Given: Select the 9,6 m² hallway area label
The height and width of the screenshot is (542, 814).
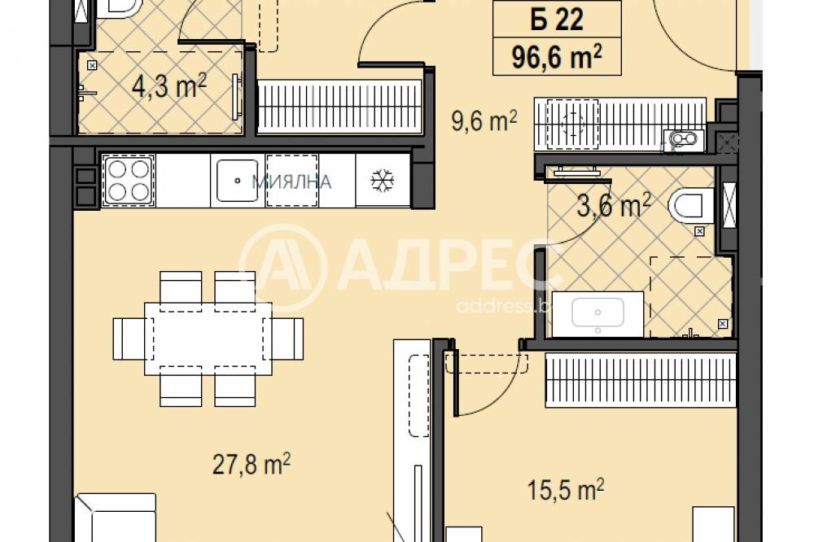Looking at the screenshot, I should (484, 123).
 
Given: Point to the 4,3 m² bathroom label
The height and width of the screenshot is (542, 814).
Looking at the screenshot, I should (168, 86).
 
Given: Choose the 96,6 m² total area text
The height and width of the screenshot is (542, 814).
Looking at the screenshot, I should (556, 57).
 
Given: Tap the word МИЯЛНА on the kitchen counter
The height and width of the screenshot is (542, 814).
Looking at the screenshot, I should (291, 182).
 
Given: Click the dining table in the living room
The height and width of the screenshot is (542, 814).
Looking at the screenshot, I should (208, 338).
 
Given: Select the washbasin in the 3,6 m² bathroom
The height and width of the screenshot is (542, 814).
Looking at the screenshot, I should (598, 314).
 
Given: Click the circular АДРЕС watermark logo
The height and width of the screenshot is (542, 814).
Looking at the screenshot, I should (282, 266).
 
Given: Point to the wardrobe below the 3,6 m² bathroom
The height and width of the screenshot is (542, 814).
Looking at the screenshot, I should (640, 381).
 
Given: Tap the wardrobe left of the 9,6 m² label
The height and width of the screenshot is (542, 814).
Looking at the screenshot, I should (339, 106).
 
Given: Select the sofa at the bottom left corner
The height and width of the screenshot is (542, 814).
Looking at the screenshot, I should (116, 518).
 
